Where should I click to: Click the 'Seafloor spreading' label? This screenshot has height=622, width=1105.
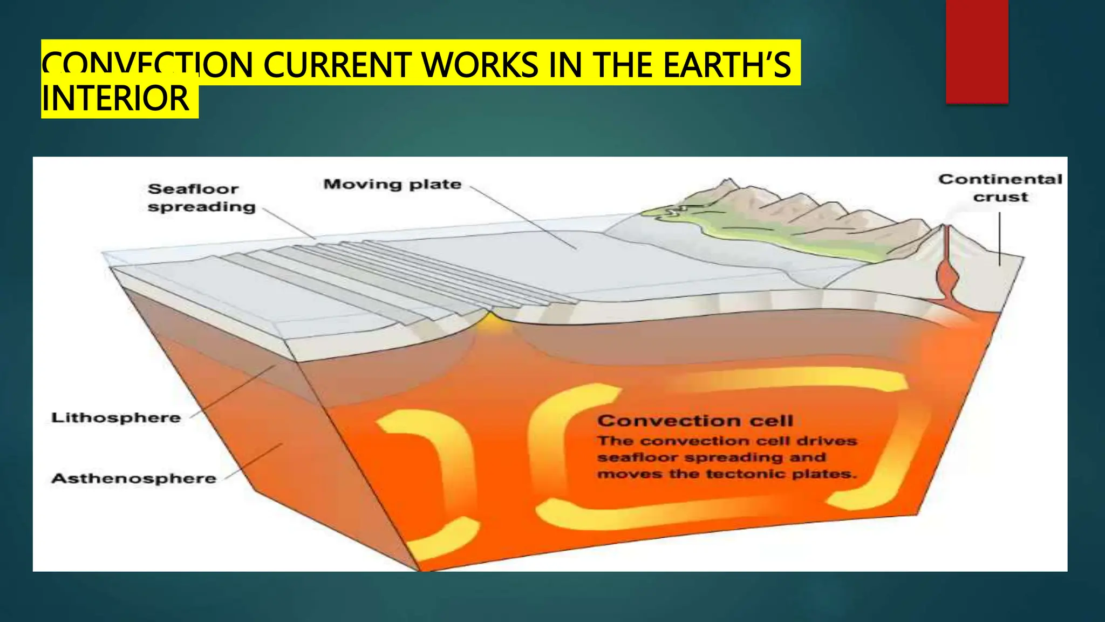[x=201, y=198]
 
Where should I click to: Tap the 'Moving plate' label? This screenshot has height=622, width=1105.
[x=392, y=184]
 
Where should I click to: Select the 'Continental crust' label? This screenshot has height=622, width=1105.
[x=1000, y=187]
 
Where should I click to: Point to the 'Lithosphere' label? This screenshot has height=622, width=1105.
[x=116, y=417]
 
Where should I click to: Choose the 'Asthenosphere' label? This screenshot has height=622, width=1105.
[x=134, y=478]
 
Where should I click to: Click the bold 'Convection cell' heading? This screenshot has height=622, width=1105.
[x=695, y=420]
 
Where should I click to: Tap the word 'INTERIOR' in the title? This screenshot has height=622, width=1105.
[x=115, y=99]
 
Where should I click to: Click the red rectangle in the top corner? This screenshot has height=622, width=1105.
[x=977, y=51]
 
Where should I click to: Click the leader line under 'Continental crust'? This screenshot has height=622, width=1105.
[x=999, y=238]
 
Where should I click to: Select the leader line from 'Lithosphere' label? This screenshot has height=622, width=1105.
[x=232, y=391]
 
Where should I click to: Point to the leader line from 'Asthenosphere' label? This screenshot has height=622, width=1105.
[x=254, y=462]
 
